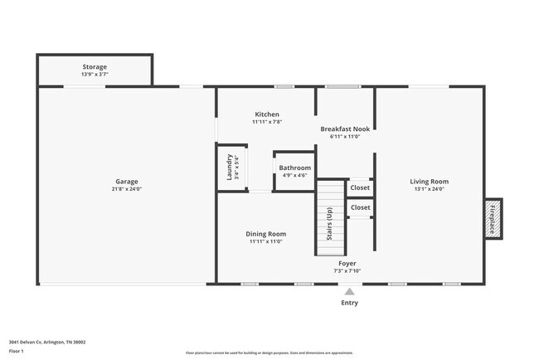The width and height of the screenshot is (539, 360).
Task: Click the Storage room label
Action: (94, 66)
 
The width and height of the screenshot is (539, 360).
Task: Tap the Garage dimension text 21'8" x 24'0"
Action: (127, 188)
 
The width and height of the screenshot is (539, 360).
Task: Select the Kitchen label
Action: (267, 114)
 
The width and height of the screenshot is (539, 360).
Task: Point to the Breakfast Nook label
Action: (346, 129)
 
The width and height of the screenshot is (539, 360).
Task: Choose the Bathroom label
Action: (294, 168)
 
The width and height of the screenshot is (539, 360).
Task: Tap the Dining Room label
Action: (266, 233)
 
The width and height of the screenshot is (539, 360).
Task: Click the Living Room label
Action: (429, 181)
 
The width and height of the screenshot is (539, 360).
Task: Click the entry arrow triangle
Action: (350, 291)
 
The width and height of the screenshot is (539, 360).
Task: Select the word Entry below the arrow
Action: (350, 303)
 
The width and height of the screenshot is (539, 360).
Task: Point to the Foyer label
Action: (347, 263)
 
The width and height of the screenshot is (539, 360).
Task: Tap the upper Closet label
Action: (361, 187)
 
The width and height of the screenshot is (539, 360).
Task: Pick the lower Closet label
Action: (361, 207)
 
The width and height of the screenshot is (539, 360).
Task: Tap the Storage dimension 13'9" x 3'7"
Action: (94, 75)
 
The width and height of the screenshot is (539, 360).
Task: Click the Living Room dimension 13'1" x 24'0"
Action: (429, 189)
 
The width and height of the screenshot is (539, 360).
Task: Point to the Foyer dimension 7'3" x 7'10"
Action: (347, 271)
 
